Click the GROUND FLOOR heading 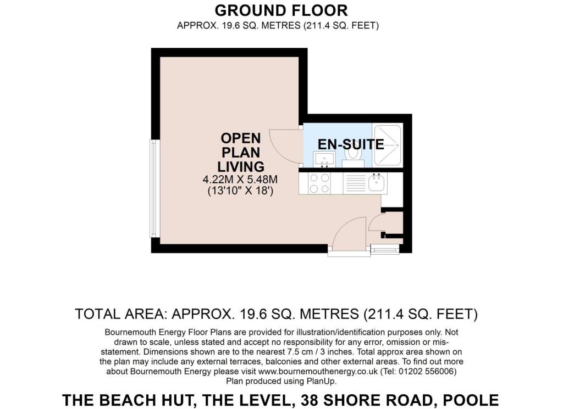coord(281,10)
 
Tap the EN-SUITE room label coord(351,144)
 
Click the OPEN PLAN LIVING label coord(241,152)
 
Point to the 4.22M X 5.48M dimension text coord(240,179)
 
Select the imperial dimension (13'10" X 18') coord(240,191)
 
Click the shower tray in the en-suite coord(387,145)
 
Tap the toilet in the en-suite coord(352,156)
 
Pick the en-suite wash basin coord(324,159)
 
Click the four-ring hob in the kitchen coord(319,183)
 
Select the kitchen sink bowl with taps coord(376,183)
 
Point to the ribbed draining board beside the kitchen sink coord(355,183)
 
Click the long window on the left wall coord(154,188)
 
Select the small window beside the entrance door coord(384,249)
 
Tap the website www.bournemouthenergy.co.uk coord(318,371)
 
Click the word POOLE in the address coord(471,400)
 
